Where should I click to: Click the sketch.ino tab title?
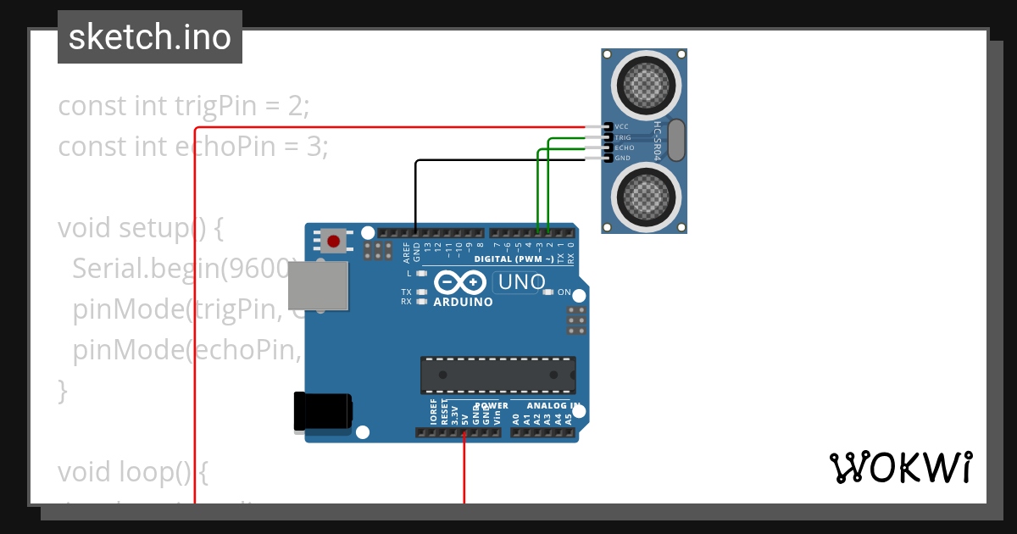[150, 37]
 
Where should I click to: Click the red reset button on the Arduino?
[334, 242]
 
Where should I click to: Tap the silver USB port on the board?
[319, 286]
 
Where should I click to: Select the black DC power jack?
[322, 412]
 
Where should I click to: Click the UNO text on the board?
[522, 282]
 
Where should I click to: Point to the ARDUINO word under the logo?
[463, 302]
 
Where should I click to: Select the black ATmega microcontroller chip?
[498, 375]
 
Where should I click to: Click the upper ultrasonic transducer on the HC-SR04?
[647, 84]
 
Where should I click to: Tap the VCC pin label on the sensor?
[622, 126]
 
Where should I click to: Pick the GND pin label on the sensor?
[622, 159]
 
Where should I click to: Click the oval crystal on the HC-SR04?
[675, 140]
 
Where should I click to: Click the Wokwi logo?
[900, 468]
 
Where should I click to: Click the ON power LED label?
[564, 292]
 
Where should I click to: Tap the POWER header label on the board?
[492, 406]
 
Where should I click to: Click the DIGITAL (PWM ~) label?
[514, 259]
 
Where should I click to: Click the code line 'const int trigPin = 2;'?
[184, 106]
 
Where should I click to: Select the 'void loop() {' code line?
[132, 471]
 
